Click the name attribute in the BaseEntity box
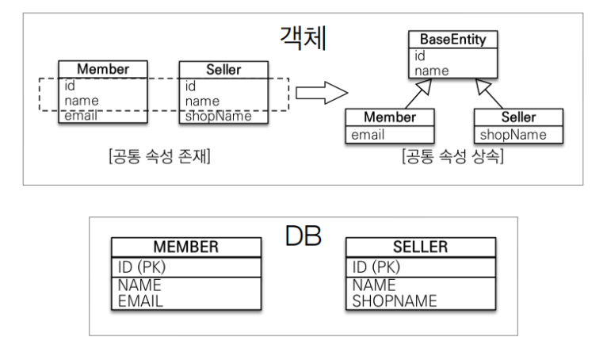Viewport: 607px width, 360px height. pos(430,71)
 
